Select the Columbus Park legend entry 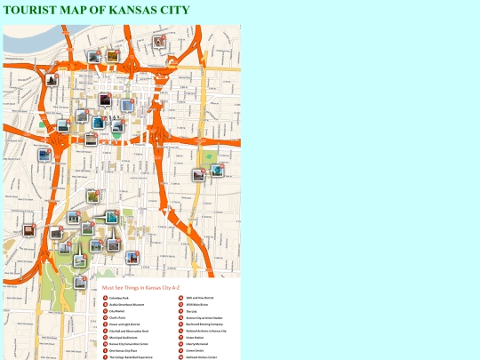pos(122,297)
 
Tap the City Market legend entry pos(118,311)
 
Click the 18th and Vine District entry pos(201,297)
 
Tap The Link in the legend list pos(192,311)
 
